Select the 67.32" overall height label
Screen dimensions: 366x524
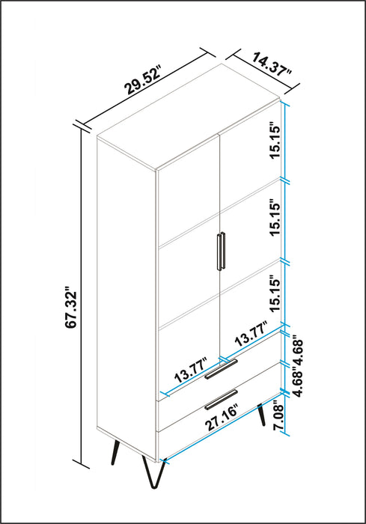[x=71, y=307]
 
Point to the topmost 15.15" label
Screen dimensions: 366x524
[x=275, y=142]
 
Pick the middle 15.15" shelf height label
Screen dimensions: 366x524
[x=275, y=219]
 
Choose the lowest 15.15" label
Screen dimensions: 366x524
[x=275, y=293]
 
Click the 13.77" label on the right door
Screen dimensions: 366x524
[x=251, y=334]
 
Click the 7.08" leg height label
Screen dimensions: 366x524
[x=278, y=418]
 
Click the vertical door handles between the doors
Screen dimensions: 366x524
[x=221, y=251]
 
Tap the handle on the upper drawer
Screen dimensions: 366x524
[x=221, y=369]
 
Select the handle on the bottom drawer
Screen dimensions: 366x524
[x=221, y=399]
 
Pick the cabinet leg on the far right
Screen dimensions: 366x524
[x=261, y=415]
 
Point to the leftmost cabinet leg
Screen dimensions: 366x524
[x=115, y=452]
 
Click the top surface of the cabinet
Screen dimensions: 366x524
[x=188, y=116]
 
